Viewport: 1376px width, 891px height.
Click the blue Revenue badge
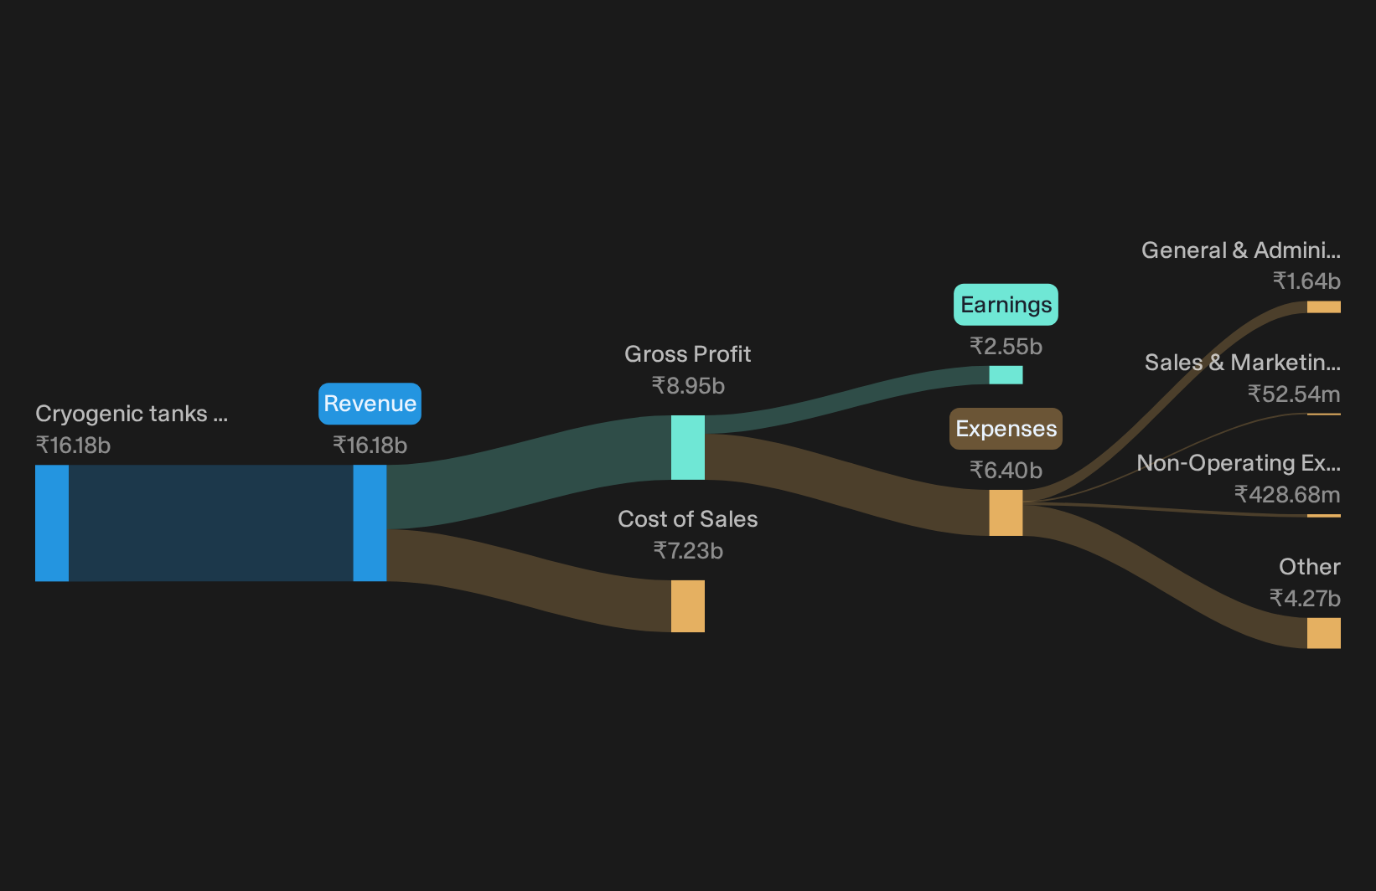(370, 404)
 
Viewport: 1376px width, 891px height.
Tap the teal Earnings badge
(1006, 305)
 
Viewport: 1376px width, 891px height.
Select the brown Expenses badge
(1006, 429)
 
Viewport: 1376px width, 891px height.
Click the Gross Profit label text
(687, 354)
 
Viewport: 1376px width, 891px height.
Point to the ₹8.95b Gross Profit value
(688, 386)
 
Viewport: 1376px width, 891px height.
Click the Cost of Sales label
(687, 519)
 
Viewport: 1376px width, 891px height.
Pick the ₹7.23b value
(688, 551)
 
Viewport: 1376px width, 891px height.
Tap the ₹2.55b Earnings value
(1006, 347)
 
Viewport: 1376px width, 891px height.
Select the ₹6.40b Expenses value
(1006, 471)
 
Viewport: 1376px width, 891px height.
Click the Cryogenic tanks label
(132, 414)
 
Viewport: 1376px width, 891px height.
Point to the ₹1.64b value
(1306, 281)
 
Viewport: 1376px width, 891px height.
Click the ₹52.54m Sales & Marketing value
(1294, 394)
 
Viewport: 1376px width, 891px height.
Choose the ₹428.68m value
(1287, 494)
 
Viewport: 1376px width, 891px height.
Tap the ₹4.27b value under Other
(1305, 598)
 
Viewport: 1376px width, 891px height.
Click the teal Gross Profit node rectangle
(687, 447)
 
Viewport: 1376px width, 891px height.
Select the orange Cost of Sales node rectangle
(687, 606)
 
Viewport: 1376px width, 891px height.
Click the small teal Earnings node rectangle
(1006, 375)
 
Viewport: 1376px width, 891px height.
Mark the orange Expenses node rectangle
(1006, 512)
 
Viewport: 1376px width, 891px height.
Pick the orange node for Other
(1324, 633)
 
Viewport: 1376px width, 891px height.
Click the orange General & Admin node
(1324, 307)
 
